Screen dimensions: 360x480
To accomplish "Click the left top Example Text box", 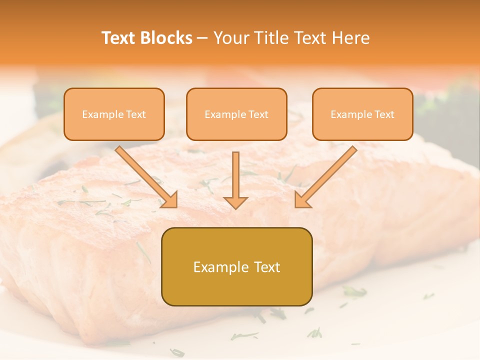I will point(114,114).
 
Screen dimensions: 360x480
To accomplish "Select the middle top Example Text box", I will point(236,114).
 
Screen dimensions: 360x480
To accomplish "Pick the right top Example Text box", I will point(362,114).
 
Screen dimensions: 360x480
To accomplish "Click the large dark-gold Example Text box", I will point(236,266).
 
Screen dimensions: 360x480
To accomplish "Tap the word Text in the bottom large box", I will point(268,267).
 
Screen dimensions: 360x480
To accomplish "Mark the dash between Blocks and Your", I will point(202,38).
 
